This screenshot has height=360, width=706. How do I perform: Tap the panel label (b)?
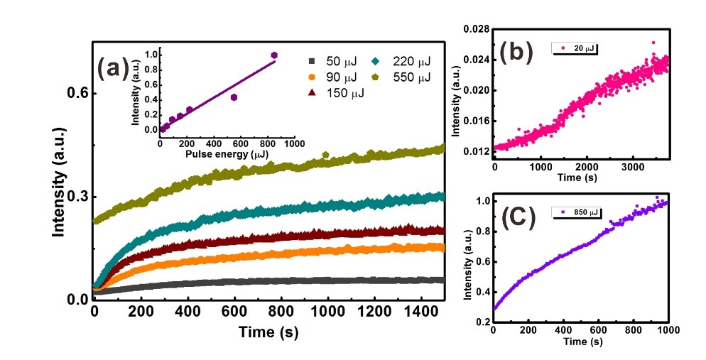(x=517, y=54)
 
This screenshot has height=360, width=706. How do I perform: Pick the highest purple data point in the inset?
(x=275, y=55)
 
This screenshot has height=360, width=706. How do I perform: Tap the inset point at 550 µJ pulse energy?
(x=234, y=97)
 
